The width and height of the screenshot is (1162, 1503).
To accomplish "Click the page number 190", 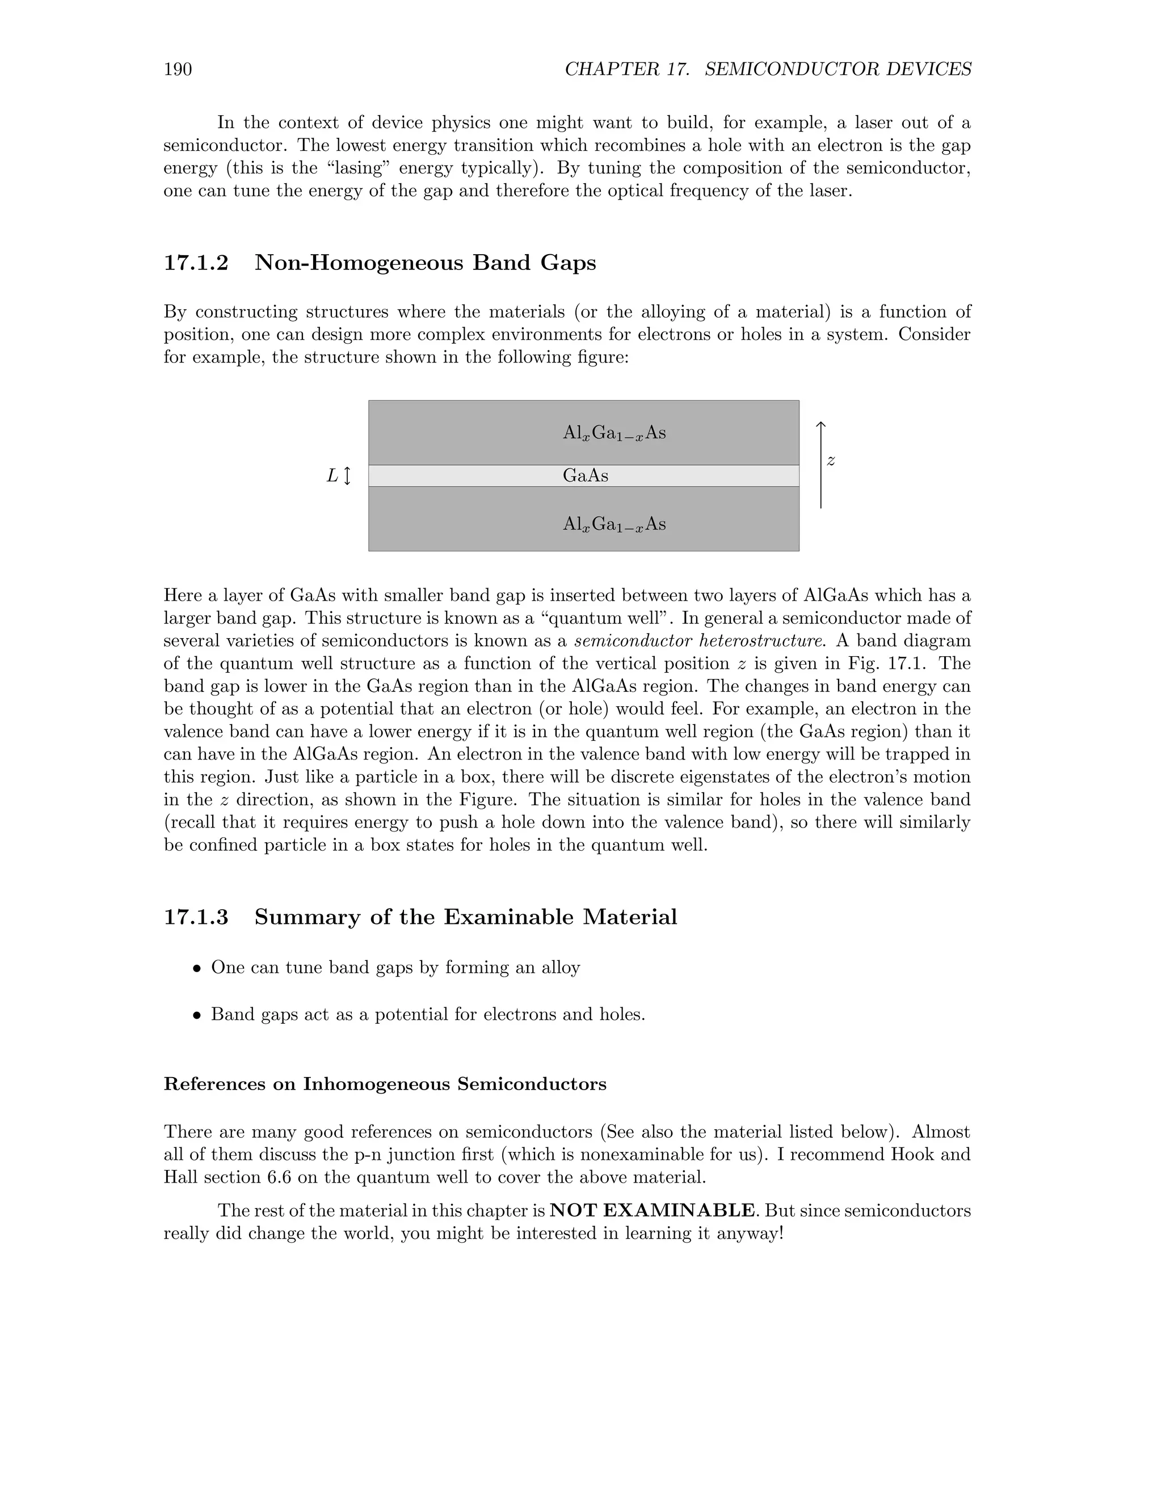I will point(178,70).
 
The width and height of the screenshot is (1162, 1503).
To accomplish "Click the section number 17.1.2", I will point(196,263).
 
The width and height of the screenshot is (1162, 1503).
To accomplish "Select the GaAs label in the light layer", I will point(585,475).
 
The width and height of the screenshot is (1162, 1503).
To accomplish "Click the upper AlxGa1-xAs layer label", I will point(614,433).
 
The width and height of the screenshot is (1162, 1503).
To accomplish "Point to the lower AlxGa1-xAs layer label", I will point(614,525).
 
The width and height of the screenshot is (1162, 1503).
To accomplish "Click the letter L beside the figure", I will point(332,475).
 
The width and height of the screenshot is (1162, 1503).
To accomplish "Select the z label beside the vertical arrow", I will point(831,461).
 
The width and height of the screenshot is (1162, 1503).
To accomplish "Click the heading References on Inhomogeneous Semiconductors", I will point(385,1084).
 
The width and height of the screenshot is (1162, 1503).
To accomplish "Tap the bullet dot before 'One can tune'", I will point(197,969).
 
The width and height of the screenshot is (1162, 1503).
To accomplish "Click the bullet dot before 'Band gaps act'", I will point(197,1016).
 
